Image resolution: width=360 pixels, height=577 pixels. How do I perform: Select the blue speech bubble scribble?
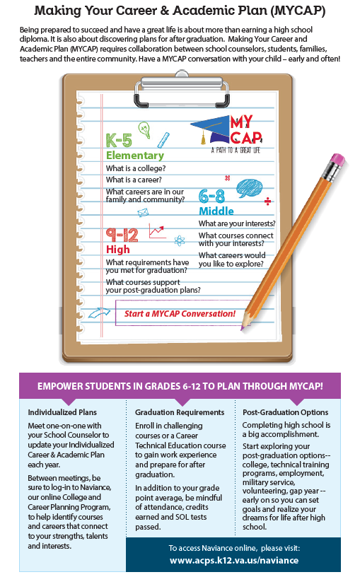click(x=250, y=187)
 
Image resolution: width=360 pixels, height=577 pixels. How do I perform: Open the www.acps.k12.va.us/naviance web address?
click(x=234, y=561)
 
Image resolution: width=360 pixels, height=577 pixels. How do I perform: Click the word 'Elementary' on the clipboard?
click(x=134, y=155)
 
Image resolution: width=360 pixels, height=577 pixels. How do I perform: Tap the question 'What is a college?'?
click(x=136, y=168)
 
